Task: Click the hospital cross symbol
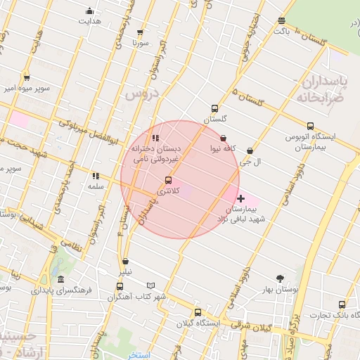(x=241, y=198)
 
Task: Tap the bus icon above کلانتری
(x=167, y=180)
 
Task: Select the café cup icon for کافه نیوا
(x=224, y=138)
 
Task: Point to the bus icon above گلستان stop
(x=214, y=109)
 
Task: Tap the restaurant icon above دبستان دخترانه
(x=155, y=138)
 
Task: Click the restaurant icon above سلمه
(x=96, y=176)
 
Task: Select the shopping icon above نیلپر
(x=125, y=261)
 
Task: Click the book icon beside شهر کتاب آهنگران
(x=150, y=285)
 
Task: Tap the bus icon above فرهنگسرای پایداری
(x=53, y=278)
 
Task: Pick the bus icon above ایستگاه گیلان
(x=197, y=312)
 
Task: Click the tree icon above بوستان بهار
(x=281, y=278)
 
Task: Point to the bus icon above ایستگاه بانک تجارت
(x=342, y=304)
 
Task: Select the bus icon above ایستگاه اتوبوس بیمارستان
(x=310, y=125)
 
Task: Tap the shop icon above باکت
(x=281, y=20)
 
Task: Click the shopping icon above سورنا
(x=140, y=32)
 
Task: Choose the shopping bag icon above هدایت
(x=89, y=11)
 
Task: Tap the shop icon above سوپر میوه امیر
(x=26, y=78)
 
